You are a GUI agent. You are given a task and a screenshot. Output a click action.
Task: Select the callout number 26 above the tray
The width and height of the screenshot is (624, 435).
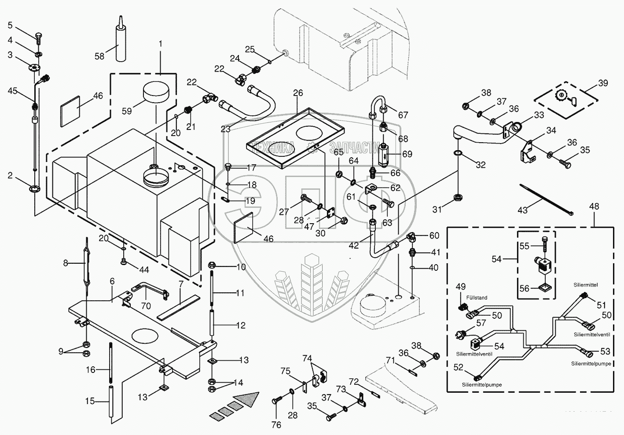[298, 93]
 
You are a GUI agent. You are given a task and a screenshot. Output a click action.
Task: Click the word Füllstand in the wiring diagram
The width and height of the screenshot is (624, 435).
[477, 298]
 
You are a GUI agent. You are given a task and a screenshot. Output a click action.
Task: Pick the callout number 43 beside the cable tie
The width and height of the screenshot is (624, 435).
[522, 210]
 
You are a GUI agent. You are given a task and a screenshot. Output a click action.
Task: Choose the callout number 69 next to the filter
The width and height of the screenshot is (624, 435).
[407, 155]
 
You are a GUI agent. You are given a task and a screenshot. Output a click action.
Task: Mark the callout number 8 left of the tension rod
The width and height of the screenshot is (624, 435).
[66, 263]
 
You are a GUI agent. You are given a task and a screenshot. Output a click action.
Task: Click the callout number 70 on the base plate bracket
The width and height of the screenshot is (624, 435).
[146, 306]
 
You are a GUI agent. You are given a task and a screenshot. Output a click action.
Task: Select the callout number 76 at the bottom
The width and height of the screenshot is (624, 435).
[275, 425]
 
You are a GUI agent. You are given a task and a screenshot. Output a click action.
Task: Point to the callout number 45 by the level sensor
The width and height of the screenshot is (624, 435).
[13, 91]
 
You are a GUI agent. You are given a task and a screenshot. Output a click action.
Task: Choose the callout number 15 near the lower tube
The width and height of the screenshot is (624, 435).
[90, 402]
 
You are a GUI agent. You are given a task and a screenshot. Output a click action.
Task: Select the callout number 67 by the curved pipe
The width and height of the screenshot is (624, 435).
[403, 115]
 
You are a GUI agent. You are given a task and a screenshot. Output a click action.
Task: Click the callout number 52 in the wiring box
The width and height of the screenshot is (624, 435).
[458, 368]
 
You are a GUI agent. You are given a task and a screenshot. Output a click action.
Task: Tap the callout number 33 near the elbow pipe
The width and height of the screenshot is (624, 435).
[539, 115]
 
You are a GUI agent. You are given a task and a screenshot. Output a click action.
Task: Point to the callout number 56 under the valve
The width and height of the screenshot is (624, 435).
[524, 289]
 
